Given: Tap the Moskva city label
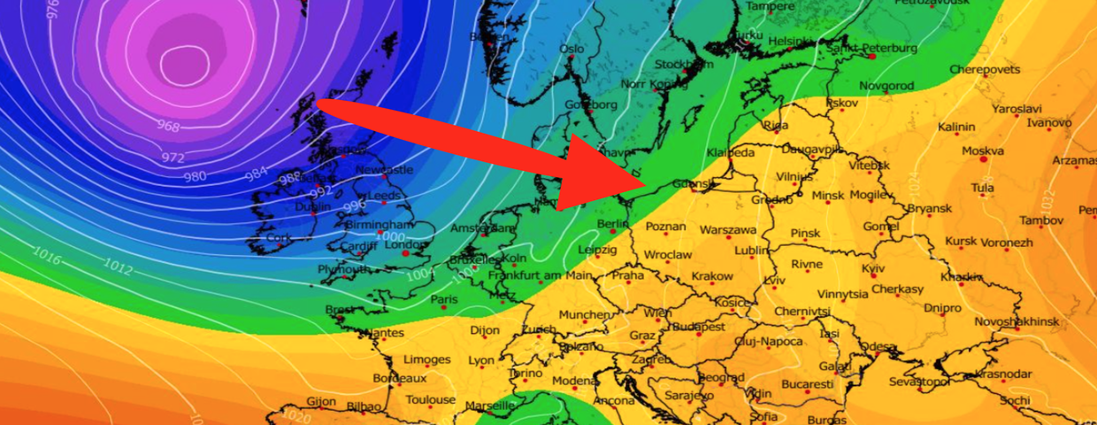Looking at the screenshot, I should [982, 151].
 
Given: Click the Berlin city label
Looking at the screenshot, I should [612, 224].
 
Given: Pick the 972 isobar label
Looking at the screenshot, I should [173, 158].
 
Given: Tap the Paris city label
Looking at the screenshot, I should [444, 300].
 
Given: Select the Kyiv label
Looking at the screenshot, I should [872, 268].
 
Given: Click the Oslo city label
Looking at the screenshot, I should [572, 49].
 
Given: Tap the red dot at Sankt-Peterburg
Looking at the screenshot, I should [871, 57].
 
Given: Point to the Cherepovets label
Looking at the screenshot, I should [985, 69].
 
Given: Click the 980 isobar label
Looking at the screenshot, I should [195, 176].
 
